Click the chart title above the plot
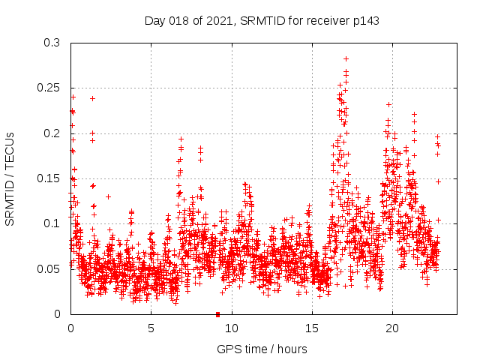click(x=262, y=21)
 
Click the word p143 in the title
click(x=364, y=21)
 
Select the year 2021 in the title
click(x=217, y=21)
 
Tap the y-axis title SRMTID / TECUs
click(x=10, y=178)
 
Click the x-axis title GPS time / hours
click(x=262, y=349)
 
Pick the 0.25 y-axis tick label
click(x=51, y=88)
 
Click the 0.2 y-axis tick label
click(x=54, y=133)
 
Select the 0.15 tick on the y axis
click(x=51, y=178)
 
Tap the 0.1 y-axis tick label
click(x=54, y=223)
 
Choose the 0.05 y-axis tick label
click(x=51, y=268)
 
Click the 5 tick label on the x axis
click(x=151, y=328)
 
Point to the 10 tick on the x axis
click(x=232, y=328)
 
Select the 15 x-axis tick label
click(x=312, y=328)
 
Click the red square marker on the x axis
click(x=217, y=314)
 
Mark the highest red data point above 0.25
click(x=346, y=58)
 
